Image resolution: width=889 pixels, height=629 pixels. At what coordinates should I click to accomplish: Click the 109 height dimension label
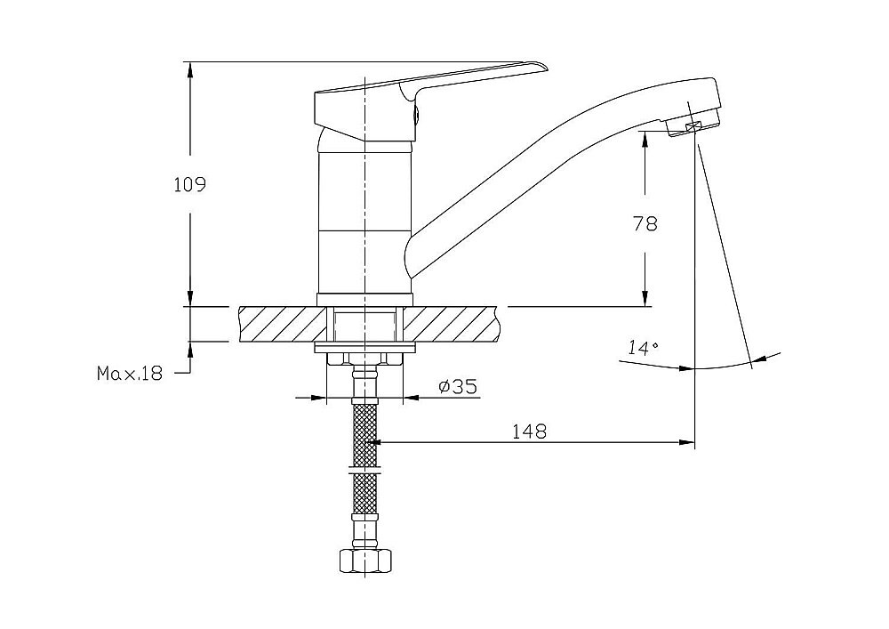tap(190, 185)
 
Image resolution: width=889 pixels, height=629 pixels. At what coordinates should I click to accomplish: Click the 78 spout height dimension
tap(645, 223)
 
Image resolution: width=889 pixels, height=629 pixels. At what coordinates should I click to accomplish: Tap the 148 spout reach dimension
tap(530, 431)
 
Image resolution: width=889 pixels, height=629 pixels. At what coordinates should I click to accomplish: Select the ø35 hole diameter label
tap(458, 387)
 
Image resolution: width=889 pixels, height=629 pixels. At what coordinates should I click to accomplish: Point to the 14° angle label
tap(643, 348)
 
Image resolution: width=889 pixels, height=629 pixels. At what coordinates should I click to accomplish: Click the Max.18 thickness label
tap(130, 373)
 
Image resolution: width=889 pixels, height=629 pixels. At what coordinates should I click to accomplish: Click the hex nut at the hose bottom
tap(365, 561)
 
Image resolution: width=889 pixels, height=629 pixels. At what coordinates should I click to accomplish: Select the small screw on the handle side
tap(417, 115)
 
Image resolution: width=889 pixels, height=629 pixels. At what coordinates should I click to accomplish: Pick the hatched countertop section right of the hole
tap(453, 325)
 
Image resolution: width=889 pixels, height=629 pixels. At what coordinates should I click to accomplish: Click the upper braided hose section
tap(365, 435)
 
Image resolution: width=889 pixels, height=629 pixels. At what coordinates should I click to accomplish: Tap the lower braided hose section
tap(365, 493)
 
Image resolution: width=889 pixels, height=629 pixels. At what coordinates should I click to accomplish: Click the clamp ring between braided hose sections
tap(365, 471)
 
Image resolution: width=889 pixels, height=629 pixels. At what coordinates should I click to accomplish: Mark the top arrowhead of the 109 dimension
tap(190, 68)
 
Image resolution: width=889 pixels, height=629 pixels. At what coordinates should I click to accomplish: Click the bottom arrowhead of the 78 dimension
tap(645, 300)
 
